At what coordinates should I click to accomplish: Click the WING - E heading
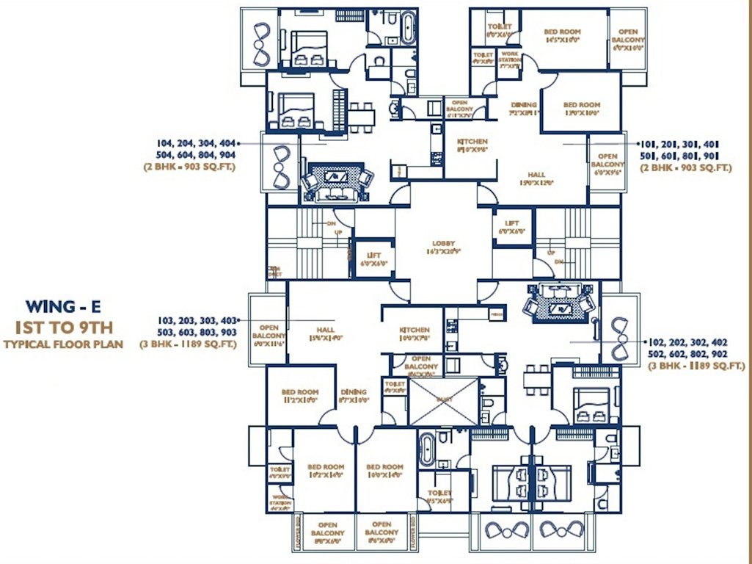tap(62, 305)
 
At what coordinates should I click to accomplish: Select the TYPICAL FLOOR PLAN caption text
tap(63, 344)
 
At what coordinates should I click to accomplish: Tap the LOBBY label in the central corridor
tap(444, 247)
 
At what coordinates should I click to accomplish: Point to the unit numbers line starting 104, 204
tap(197, 144)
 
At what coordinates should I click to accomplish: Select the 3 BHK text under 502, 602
tap(689, 364)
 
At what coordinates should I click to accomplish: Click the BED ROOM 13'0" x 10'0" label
tap(581, 109)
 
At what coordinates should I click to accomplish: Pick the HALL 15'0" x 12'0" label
tap(537, 179)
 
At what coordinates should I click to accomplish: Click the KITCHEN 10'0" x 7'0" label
tap(414, 335)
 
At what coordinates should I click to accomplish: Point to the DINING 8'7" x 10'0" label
tap(353, 397)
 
